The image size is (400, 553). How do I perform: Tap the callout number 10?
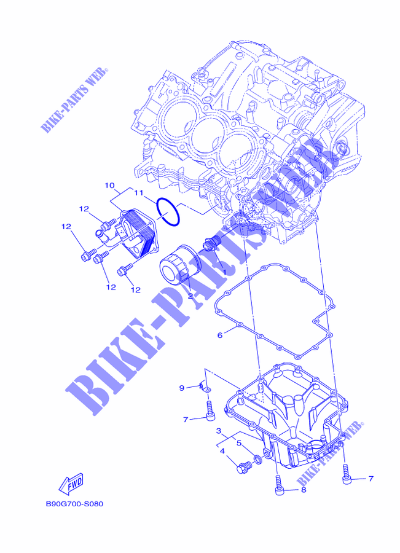pos(109,185)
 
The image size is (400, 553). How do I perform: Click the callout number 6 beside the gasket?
pos(220,335)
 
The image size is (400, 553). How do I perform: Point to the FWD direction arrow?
pos(71,483)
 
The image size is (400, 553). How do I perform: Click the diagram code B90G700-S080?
pos(75,504)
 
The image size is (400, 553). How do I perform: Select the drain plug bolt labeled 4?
pos(243,467)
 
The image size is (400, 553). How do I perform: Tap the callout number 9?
pos(182,388)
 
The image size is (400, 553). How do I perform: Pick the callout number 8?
pos(304,490)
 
